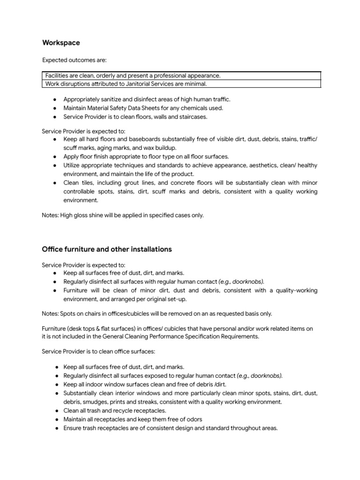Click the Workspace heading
click(61, 43)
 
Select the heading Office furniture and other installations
click(107, 249)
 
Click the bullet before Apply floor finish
click(55, 157)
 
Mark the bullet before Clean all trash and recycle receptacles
click(55, 411)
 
